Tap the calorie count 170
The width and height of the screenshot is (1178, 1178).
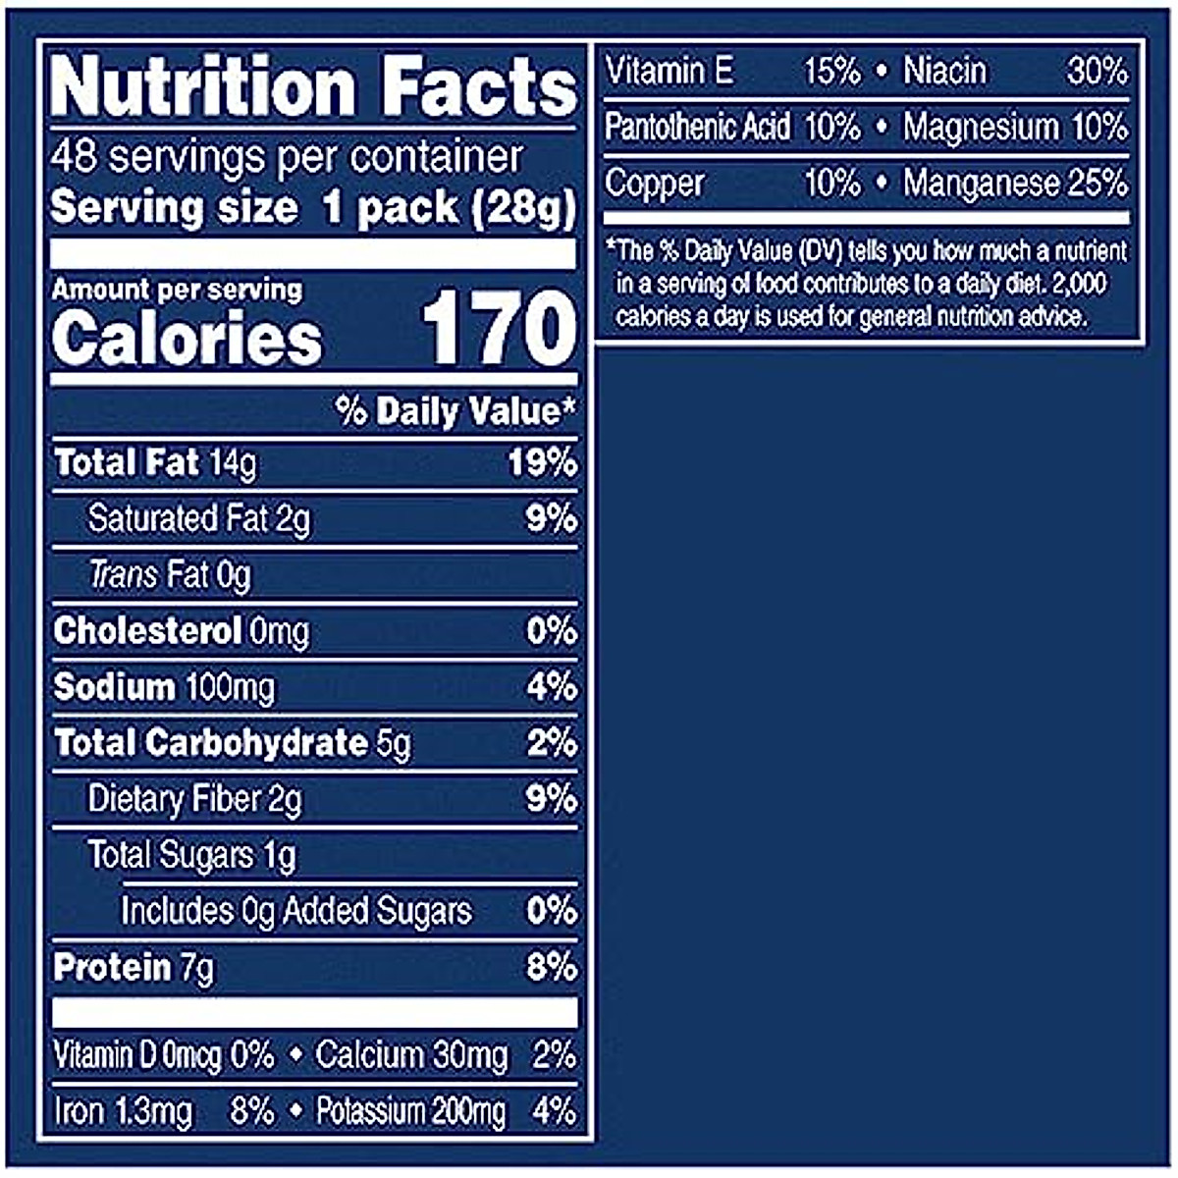(x=499, y=330)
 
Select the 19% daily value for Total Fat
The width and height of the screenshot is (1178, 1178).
(x=542, y=462)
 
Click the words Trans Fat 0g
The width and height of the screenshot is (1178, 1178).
(x=170, y=574)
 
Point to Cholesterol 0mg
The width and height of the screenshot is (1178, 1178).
(x=182, y=631)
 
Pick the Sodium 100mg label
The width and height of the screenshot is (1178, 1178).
(x=164, y=687)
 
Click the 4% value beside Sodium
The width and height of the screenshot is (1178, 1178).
(x=552, y=687)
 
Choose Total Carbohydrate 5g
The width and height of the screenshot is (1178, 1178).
(x=233, y=743)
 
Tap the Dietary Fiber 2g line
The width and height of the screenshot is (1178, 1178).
(x=194, y=800)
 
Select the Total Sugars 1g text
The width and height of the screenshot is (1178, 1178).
(x=191, y=855)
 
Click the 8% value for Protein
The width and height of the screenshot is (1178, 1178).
(x=552, y=968)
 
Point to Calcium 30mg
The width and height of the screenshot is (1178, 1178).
(x=411, y=1055)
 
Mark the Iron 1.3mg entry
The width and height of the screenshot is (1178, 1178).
(x=124, y=1111)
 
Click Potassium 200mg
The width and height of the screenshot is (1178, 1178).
(x=411, y=1111)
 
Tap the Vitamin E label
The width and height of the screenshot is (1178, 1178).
(x=669, y=71)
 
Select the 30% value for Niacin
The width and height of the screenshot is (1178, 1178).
(x=1097, y=71)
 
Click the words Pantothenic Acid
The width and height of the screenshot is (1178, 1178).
(x=697, y=127)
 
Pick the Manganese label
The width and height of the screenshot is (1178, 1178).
(x=981, y=183)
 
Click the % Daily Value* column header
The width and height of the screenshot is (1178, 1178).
(x=455, y=411)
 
